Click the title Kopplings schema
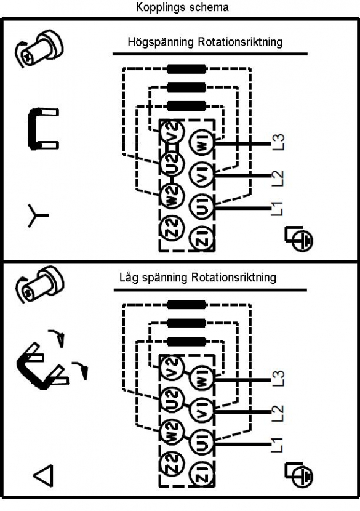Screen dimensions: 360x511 182,7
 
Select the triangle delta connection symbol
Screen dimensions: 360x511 43,475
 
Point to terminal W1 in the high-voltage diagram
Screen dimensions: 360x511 202,143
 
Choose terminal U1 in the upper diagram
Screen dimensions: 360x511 202,207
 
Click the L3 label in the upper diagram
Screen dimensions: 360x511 278,142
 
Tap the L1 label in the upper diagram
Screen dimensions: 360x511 278,209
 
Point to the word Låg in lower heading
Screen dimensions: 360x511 130,278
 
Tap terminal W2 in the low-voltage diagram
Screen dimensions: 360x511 172,432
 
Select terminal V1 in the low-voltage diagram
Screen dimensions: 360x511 202,411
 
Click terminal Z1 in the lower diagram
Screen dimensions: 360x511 202,475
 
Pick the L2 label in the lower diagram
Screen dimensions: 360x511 278,414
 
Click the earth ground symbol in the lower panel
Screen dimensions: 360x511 298,475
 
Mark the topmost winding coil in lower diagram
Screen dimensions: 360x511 186,305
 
